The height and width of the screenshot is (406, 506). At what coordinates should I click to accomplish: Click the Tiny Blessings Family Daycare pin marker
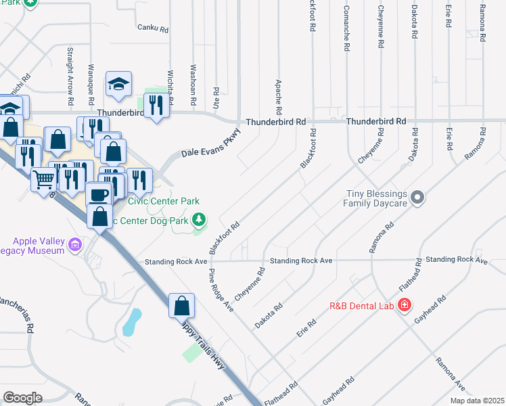(x=418, y=198)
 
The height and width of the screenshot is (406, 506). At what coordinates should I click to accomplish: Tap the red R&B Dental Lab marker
(x=405, y=305)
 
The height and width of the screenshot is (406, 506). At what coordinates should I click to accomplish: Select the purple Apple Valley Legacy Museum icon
(x=79, y=244)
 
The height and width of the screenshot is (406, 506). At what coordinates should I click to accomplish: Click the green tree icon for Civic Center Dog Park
(x=199, y=219)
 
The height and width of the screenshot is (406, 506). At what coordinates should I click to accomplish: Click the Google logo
(x=23, y=398)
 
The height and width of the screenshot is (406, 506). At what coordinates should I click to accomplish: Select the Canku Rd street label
(x=152, y=28)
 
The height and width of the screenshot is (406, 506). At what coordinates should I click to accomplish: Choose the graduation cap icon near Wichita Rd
(x=118, y=85)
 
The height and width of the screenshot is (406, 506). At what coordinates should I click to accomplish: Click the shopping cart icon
(x=44, y=180)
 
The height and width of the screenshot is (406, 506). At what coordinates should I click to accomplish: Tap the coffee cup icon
(x=99, y=195)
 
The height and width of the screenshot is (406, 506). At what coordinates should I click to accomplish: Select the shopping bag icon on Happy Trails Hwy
(x=181, y=306)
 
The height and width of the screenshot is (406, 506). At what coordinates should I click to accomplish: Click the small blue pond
(x=132, y=323)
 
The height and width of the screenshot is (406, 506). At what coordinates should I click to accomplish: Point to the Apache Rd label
(x=278, y=96)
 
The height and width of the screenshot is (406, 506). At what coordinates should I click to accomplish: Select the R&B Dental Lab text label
(x=361, y=305)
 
